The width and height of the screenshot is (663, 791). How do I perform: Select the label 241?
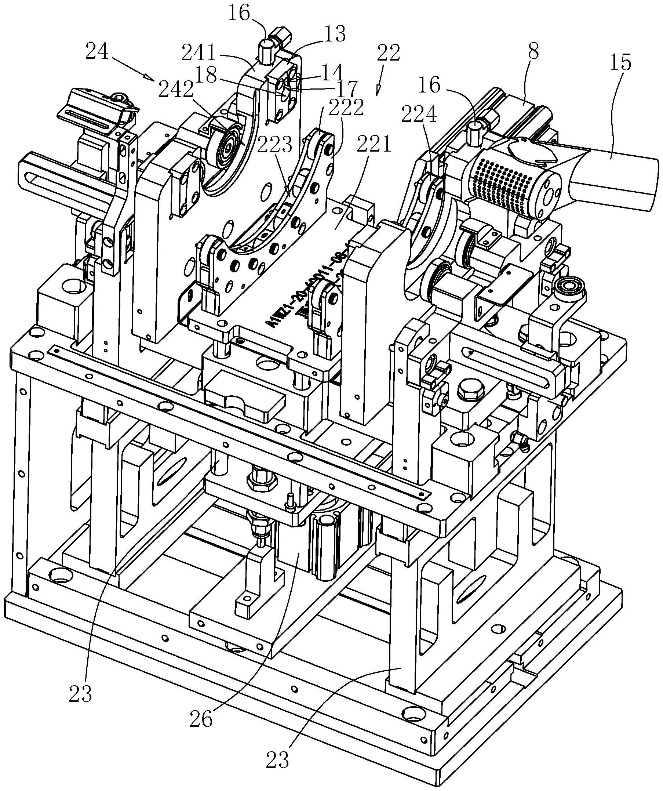198,54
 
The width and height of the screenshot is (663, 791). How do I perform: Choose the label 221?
375,144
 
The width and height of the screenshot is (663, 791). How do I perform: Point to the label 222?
346,107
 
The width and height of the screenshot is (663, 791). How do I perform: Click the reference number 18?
206,76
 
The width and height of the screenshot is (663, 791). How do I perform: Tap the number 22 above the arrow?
388,54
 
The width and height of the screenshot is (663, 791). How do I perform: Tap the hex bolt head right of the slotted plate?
468,392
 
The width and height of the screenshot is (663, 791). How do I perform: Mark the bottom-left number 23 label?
80,693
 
